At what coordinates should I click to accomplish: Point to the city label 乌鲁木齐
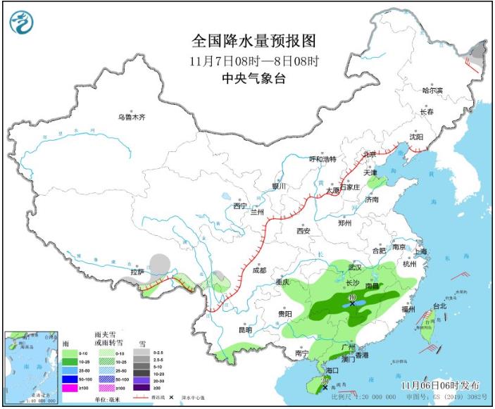131,117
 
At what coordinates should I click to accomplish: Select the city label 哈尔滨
432,91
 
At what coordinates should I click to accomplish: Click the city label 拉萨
137,272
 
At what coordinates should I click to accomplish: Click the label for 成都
258,270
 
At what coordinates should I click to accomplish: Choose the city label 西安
303,231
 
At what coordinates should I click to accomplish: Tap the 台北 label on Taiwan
439,306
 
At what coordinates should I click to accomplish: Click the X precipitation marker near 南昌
352,303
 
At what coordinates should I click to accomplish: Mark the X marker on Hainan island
325,387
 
